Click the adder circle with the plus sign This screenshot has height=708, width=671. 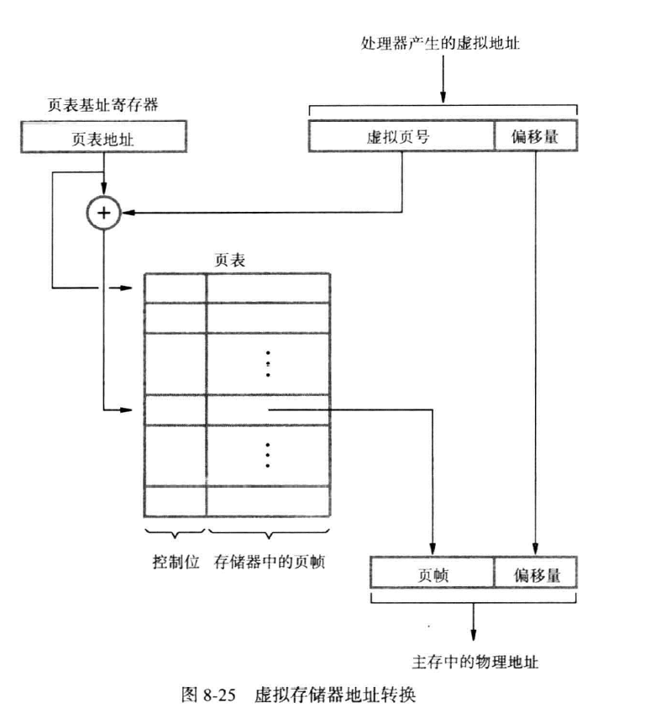(103, 214)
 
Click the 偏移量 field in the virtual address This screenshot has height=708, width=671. (535, 137)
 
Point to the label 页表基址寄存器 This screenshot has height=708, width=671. (103, 107)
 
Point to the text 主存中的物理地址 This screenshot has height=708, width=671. (476, 662)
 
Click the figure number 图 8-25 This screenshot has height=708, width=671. (207, 695)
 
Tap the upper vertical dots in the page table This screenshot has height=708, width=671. (268, 363)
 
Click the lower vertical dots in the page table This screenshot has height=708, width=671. (268, 455)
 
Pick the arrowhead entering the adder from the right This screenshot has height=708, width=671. (127, 214)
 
